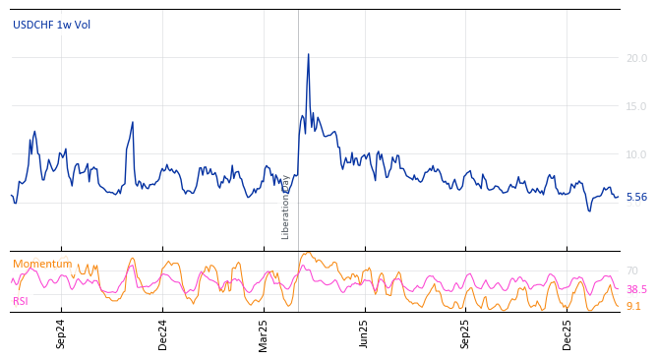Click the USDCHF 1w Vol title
point(51,26)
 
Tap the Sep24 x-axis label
point(61,334)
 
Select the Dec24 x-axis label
point(163,334)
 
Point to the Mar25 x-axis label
point(264,334)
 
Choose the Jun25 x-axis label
point(364,334)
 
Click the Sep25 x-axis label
point(465,334)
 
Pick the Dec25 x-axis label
point(567,334)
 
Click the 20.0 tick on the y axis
point(636,59)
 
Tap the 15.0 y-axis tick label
point(636,107)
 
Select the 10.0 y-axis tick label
point(636,155)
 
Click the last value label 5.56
point(636,198)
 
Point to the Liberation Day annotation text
point(286,207)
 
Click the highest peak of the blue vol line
point(308,54)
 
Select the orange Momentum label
point(42,265)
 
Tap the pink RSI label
point(21,301)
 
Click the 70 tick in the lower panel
point(632,271)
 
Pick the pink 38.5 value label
point(636,290)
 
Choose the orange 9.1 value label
point(633,307)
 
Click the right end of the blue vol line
point(619,197)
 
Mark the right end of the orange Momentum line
point(619,306)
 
